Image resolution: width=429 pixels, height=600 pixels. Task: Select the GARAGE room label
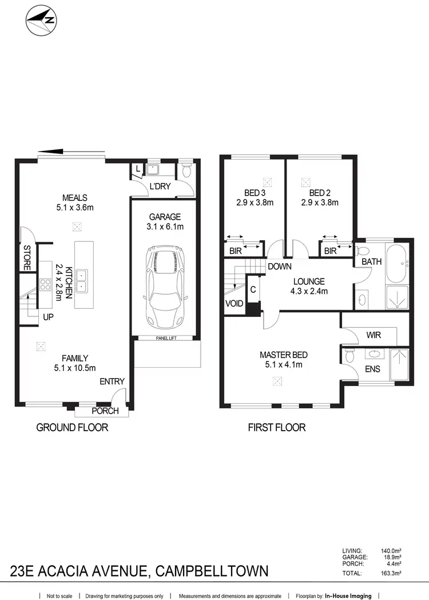pyautogui.click(x=165, y=217)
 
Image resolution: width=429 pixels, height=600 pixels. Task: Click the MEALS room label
pyautogui.click(x=75, y=198)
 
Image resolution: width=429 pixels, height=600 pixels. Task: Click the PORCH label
pyautogui.click(x=105, y=411)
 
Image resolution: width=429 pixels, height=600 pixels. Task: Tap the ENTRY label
pyautogui.click(x=112, y=382)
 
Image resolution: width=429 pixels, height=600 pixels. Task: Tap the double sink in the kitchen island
pyautogui.click(x=81, y=280)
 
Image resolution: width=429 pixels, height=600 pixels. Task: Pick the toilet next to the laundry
pyautogui.click(x=185, y=170)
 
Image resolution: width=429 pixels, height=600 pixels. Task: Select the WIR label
pyautogui.click(x=373, y=335)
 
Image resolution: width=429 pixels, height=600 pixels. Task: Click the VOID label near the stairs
pyautogui.click(x=233, y=304)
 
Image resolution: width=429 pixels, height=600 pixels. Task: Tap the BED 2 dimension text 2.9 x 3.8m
pyautogui.click(x=320, y=202)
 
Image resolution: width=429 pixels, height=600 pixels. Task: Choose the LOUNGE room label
pyautogui.click(x=309, y=281)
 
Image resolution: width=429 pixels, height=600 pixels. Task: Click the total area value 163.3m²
pyautogui.click(x=391, y=573)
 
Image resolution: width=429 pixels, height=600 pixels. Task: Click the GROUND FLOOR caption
pyautogui.click(x=72, y=427)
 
